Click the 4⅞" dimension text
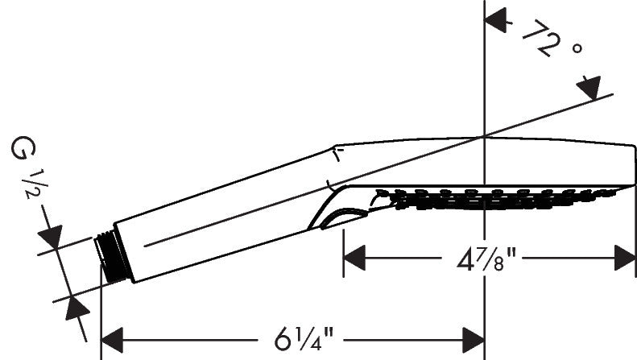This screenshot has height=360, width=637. coord(481,259)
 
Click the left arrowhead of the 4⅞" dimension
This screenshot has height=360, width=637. coord(355,259)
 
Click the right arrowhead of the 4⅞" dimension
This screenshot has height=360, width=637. coord(625,259)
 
